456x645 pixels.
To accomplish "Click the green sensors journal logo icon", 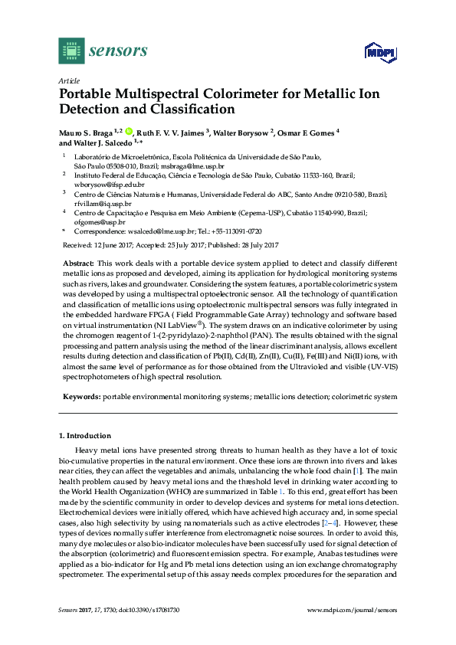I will (x=71, y=51).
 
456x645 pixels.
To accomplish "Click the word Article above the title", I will (x=69, y=80).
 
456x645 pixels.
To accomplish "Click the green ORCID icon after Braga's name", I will (x=128, y=132).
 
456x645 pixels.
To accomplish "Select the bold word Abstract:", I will (x=77, y=262).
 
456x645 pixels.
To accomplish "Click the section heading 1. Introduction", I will (x=85, y=435).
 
